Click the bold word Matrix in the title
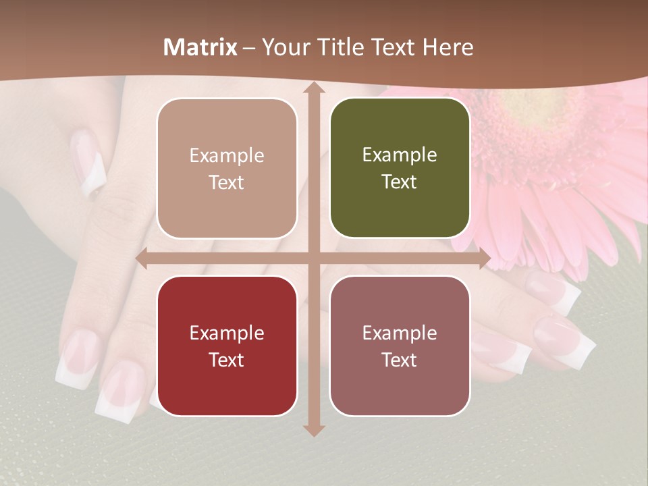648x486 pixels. pos(200,47)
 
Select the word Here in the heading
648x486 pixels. pos(448,47)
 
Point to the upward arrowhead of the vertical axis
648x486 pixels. pos(313,88)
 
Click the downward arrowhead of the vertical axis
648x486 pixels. pos(313,431)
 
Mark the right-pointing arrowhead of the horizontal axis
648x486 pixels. pos(485,259)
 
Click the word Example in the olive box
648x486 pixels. pos(400,155)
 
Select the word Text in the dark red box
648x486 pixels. pos(227,360)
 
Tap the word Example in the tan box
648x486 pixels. pos(227,156)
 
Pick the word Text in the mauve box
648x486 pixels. pos(400,360)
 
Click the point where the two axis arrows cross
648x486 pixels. pos(313,259)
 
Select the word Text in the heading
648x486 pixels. pos(393,47)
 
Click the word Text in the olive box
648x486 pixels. pos(400,182)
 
